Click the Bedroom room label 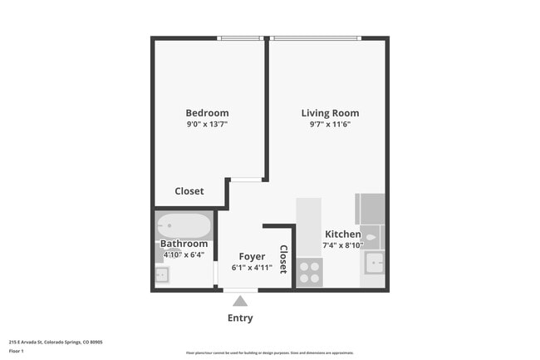[x=207, y=113]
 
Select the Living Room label [x=330, y=113]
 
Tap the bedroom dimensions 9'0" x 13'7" [x=207, y=124]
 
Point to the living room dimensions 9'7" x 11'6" [x=330, y=124]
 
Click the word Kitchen [x=342, y=234]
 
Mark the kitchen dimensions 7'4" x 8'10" [x=342, y=245]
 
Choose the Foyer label [x=252, y=257]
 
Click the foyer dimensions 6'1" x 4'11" [x=252, y=268]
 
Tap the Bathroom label [x=184, y=244]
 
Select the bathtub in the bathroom [x=184, y=225]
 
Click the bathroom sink [x=161, y=274]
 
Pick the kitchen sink [x=375, y=265]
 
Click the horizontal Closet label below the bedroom [x=189, y=191]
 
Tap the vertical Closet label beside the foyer [x=282, y=259]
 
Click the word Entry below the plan [x=240, y=318]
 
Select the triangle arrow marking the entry [x=240, y=301]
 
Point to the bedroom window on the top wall [x=241, y=38]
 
